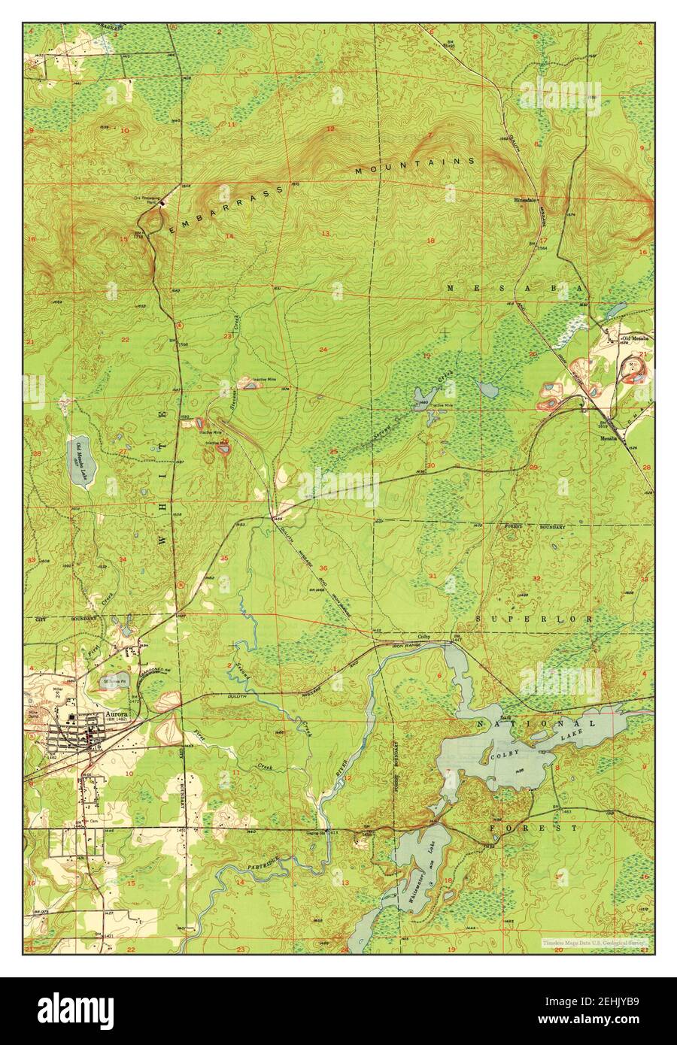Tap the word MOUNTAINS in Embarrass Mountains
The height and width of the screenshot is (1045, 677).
click(x=414, y=166)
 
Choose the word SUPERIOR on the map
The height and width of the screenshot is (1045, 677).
click(x=535, y=618)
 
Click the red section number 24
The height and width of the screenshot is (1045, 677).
click(x=323, y=350)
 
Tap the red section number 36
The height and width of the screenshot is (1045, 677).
click(x=323, y=568)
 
